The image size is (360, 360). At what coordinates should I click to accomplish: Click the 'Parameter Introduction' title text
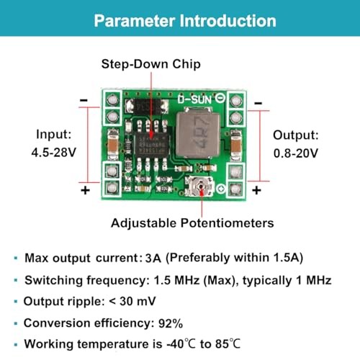tap(185, 21)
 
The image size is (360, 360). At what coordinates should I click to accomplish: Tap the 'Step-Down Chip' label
tap(151, 64)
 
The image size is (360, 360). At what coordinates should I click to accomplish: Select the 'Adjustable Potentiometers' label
tap(192, 223)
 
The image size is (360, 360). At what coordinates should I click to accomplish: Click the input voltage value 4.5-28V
tap(54, 152)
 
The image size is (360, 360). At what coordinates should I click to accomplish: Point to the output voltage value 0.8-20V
tap(296, 153)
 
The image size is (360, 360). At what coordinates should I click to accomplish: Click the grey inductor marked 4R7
tap(198, 135)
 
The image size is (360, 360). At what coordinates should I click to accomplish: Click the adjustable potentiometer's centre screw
tap(201, 186)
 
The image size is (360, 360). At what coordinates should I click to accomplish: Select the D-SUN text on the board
tap(194, 99)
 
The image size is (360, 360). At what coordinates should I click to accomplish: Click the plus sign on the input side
tap(85, 191)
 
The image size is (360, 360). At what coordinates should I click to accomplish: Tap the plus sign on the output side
tap(256, 191)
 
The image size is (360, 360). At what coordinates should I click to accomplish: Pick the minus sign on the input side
tap(84, 100)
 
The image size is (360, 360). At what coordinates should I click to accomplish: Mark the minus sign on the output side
tap(258, 103)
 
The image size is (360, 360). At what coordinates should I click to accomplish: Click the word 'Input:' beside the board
tap(54, 135)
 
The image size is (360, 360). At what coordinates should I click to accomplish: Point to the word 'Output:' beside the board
tap(296, 135)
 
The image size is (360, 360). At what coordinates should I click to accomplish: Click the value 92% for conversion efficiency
tap(171, 323)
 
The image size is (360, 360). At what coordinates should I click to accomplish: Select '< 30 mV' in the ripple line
tap(132, 301)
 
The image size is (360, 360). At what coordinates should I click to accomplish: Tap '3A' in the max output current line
tap(153, 258)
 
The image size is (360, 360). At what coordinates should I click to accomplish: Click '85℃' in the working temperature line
tap(228, 343)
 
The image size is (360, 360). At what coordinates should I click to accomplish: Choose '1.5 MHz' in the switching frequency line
tap(176, 280)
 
